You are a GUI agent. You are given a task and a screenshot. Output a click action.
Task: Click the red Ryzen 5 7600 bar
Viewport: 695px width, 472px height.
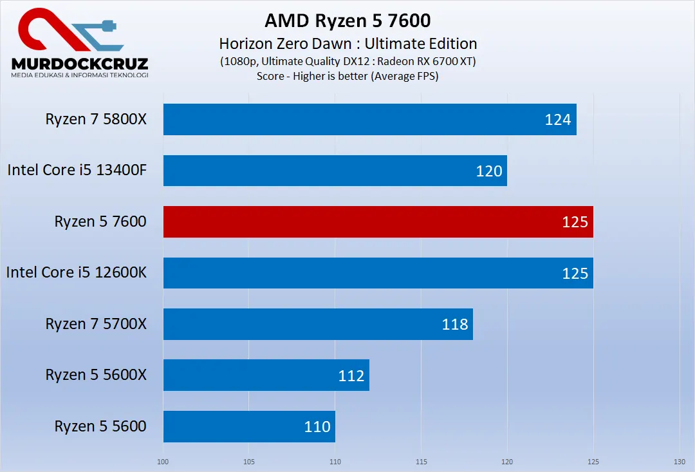(378, 222)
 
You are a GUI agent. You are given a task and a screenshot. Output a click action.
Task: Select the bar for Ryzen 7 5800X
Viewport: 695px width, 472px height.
(369, 119)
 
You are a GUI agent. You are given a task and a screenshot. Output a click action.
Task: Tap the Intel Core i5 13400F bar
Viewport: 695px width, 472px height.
(335, 171)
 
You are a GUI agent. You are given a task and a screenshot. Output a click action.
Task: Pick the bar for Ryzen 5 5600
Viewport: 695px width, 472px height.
(249, 426)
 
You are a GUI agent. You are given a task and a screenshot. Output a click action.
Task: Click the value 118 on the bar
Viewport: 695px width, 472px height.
(455, 324)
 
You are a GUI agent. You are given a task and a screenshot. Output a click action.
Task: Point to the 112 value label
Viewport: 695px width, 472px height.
(351, 375)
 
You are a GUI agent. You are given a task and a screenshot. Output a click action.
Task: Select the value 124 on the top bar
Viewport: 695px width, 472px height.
(558, 119)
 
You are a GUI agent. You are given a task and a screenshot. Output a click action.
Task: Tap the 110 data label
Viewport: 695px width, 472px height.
(317, 426)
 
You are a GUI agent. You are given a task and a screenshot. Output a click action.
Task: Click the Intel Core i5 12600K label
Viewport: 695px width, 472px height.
(77, 272)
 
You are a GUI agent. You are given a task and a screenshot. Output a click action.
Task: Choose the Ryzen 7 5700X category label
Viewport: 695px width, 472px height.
(96, 324)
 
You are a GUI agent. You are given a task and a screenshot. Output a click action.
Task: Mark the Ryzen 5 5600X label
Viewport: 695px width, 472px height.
(96, 375)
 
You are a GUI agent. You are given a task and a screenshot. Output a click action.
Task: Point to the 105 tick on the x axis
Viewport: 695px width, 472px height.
(249, 461)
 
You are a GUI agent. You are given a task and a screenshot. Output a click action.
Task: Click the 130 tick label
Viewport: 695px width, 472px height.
(679, 461)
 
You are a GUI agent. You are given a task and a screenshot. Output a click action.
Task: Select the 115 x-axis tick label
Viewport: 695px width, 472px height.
(421, 461)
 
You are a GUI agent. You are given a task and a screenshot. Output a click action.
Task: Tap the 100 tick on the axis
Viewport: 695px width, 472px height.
(163, 461)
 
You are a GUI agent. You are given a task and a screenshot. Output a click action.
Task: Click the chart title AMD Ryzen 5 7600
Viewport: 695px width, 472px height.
(347, 21)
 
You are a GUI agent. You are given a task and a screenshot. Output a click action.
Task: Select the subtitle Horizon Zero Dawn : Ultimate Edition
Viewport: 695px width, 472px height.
(347, 44)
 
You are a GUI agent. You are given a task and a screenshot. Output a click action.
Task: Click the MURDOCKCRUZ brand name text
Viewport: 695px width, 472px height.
(80, 63)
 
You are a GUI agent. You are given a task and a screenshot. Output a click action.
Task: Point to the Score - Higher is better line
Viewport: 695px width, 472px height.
(347, 76)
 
